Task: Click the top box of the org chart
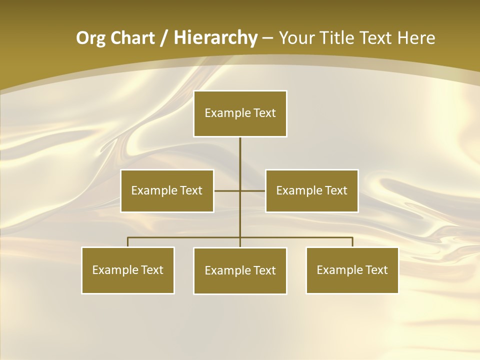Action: (x=240, y=113)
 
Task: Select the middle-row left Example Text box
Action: (x=167, y=191)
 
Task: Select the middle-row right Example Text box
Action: (x=311, y=191)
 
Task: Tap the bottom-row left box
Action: (x=128, y=270)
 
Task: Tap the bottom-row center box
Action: (x=240, y=271)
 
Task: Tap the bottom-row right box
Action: (x=352, y=270)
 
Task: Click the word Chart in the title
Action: (x=132, y=38)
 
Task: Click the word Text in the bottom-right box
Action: (x=376, y=270)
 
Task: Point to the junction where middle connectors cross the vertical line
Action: (x=240, y=190)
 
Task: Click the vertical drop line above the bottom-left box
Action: (x=128, y=242)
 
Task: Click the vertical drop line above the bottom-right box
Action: (x=352, y=242)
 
